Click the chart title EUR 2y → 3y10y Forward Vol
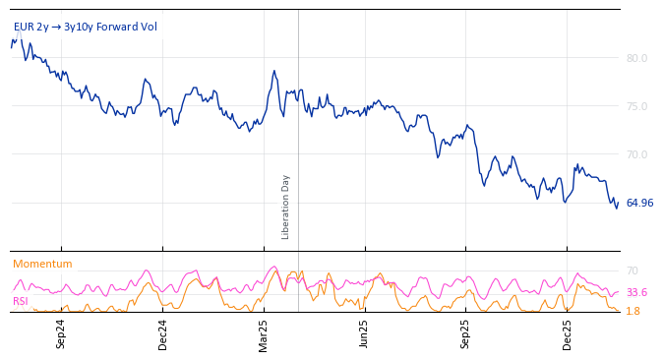(85, 27)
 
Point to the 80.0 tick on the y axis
(636, 58)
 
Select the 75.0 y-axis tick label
(636, 106)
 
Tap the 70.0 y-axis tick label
(636, 154)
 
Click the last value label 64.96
(639, 203)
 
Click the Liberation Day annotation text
(286, 207)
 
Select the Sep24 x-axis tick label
(61, 333)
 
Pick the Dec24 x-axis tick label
(163, 333)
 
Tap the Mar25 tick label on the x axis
(264, 333)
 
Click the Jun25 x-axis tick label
(364, 333)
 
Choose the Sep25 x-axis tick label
(465, 333)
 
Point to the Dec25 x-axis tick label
(568, 333)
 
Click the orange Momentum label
(42, 264)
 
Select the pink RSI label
(20, 301)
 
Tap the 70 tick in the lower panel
(633, 270)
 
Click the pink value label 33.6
(636, 292)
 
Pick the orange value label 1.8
(633, 311)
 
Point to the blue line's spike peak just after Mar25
(274, 71)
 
